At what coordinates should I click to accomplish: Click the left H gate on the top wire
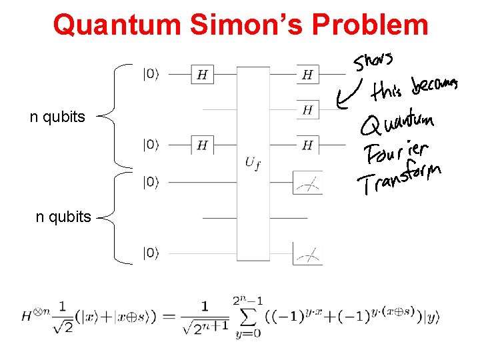coord(203,75)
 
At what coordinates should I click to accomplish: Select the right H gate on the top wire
coord(307,75)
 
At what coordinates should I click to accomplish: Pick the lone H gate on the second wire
coord(307,109)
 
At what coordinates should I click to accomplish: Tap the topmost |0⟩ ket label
coord(151,73)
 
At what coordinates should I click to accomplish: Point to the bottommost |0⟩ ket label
coord(151,252)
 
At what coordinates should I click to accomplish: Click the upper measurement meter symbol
coord(307,183)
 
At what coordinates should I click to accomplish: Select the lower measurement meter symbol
coord(307,253)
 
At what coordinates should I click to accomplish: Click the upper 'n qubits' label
coord(57,117)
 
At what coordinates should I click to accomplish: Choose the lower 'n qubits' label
coord(63,217)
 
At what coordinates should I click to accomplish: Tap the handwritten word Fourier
coord(396,152)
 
